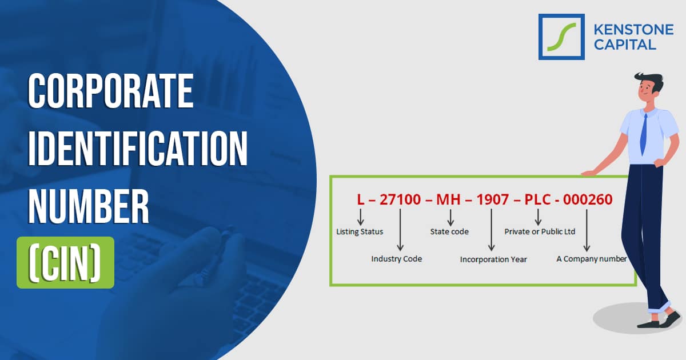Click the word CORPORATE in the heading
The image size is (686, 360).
coord(111,92)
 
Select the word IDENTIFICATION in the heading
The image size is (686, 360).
coord(138,148)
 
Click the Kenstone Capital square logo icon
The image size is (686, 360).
coord(561,37)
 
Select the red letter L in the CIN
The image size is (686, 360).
coord(360,199)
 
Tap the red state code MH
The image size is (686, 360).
coord(450,199)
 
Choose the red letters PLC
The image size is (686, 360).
coord(538,199)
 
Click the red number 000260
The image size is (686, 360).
coord(588,199)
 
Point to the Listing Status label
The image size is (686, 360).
coord(360,231)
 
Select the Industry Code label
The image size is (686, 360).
coord(397,259)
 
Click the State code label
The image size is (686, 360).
coord(449,231)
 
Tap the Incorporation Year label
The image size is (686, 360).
coord(493,259)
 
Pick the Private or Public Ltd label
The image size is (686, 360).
coord(540,231)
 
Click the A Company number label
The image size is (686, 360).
coord(591,259)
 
